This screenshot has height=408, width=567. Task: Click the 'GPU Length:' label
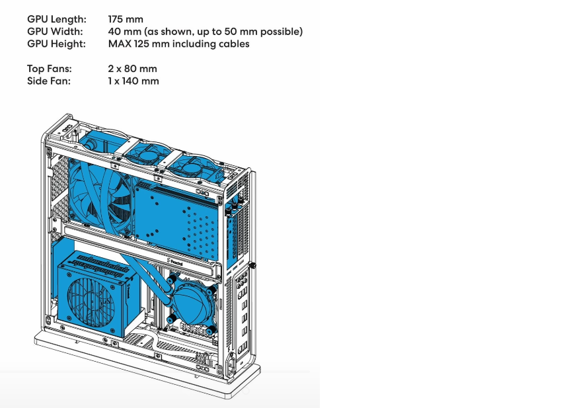(x=57, y=19)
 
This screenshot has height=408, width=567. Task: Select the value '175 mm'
(x=126, y=19)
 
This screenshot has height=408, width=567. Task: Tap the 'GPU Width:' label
(x=55, y=32)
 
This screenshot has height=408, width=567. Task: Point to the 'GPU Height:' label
(x=56, y=44)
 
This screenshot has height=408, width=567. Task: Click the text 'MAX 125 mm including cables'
(x=178, y=44)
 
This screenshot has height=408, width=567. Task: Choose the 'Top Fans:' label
(x=50, y=69)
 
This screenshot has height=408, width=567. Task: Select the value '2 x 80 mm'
(x=132, y=69)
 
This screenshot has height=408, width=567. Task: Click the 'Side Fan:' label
(x=49, y=81)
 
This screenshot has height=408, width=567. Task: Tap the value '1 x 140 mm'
(x=133, y=81)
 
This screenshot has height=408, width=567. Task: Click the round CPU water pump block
(x=192, y=304)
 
